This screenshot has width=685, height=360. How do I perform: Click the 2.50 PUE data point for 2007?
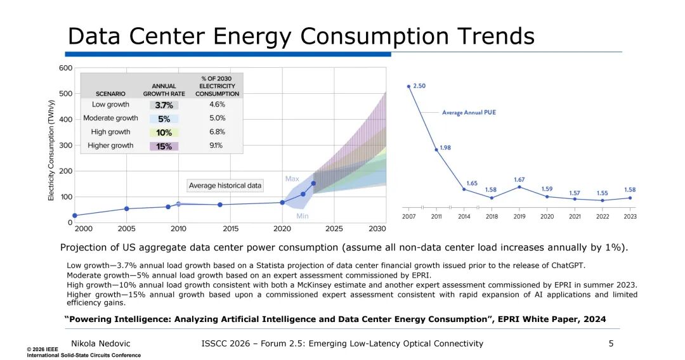coord(408,86)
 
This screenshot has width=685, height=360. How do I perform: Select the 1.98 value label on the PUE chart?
coord(445,148)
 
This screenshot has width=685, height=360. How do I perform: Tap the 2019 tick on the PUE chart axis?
coord(519,216)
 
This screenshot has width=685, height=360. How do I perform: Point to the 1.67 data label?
coord(519,180)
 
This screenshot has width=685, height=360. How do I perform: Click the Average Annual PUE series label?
coord(469,113)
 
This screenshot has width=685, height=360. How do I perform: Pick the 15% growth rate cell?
coord(164,146)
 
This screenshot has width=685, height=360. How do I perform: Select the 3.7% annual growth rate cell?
coord(164,105)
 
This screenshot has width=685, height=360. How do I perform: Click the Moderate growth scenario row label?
coord(110,119)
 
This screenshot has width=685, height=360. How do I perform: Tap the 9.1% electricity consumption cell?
coord(216,145)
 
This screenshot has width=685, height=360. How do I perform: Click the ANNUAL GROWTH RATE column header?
coord(164,90)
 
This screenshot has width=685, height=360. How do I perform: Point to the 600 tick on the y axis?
coord(65,68)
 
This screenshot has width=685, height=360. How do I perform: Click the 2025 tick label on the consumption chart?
coord(334,229)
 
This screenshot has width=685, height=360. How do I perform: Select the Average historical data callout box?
coord(225,186)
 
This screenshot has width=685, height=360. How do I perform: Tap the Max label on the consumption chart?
coord(292,179)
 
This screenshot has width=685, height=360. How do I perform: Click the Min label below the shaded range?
coord(303,216)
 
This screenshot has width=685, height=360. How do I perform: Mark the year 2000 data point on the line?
coord(75,215)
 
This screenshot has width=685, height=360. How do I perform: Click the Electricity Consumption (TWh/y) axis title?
coord(51,151)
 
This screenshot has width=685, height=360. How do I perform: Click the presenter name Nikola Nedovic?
coord(100,344)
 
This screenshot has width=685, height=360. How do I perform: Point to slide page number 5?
coord(611,344)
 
